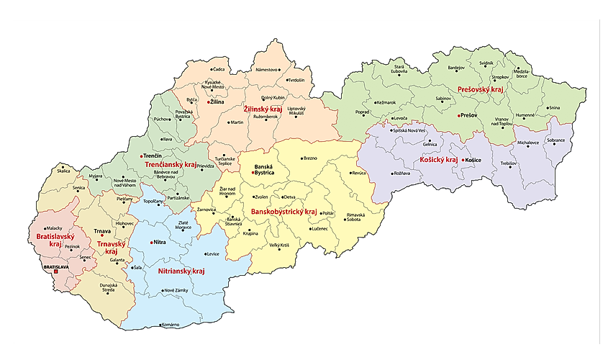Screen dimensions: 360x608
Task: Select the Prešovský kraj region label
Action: [479, 90]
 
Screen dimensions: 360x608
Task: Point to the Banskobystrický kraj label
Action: [283, 212]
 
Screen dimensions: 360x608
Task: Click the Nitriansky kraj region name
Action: [181, 271]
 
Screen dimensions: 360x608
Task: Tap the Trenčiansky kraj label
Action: [171, 165]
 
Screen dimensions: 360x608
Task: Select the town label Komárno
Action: [170, 325]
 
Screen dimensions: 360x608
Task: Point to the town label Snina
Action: [554, 108]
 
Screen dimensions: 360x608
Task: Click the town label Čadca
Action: [219, 69]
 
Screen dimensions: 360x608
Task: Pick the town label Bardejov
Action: [456, 68]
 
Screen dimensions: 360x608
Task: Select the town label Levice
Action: [212, 254]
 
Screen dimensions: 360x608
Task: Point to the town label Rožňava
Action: [402, 174]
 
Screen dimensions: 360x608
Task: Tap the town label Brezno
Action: [310, 158]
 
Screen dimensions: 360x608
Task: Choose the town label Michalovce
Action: [527, 143]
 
